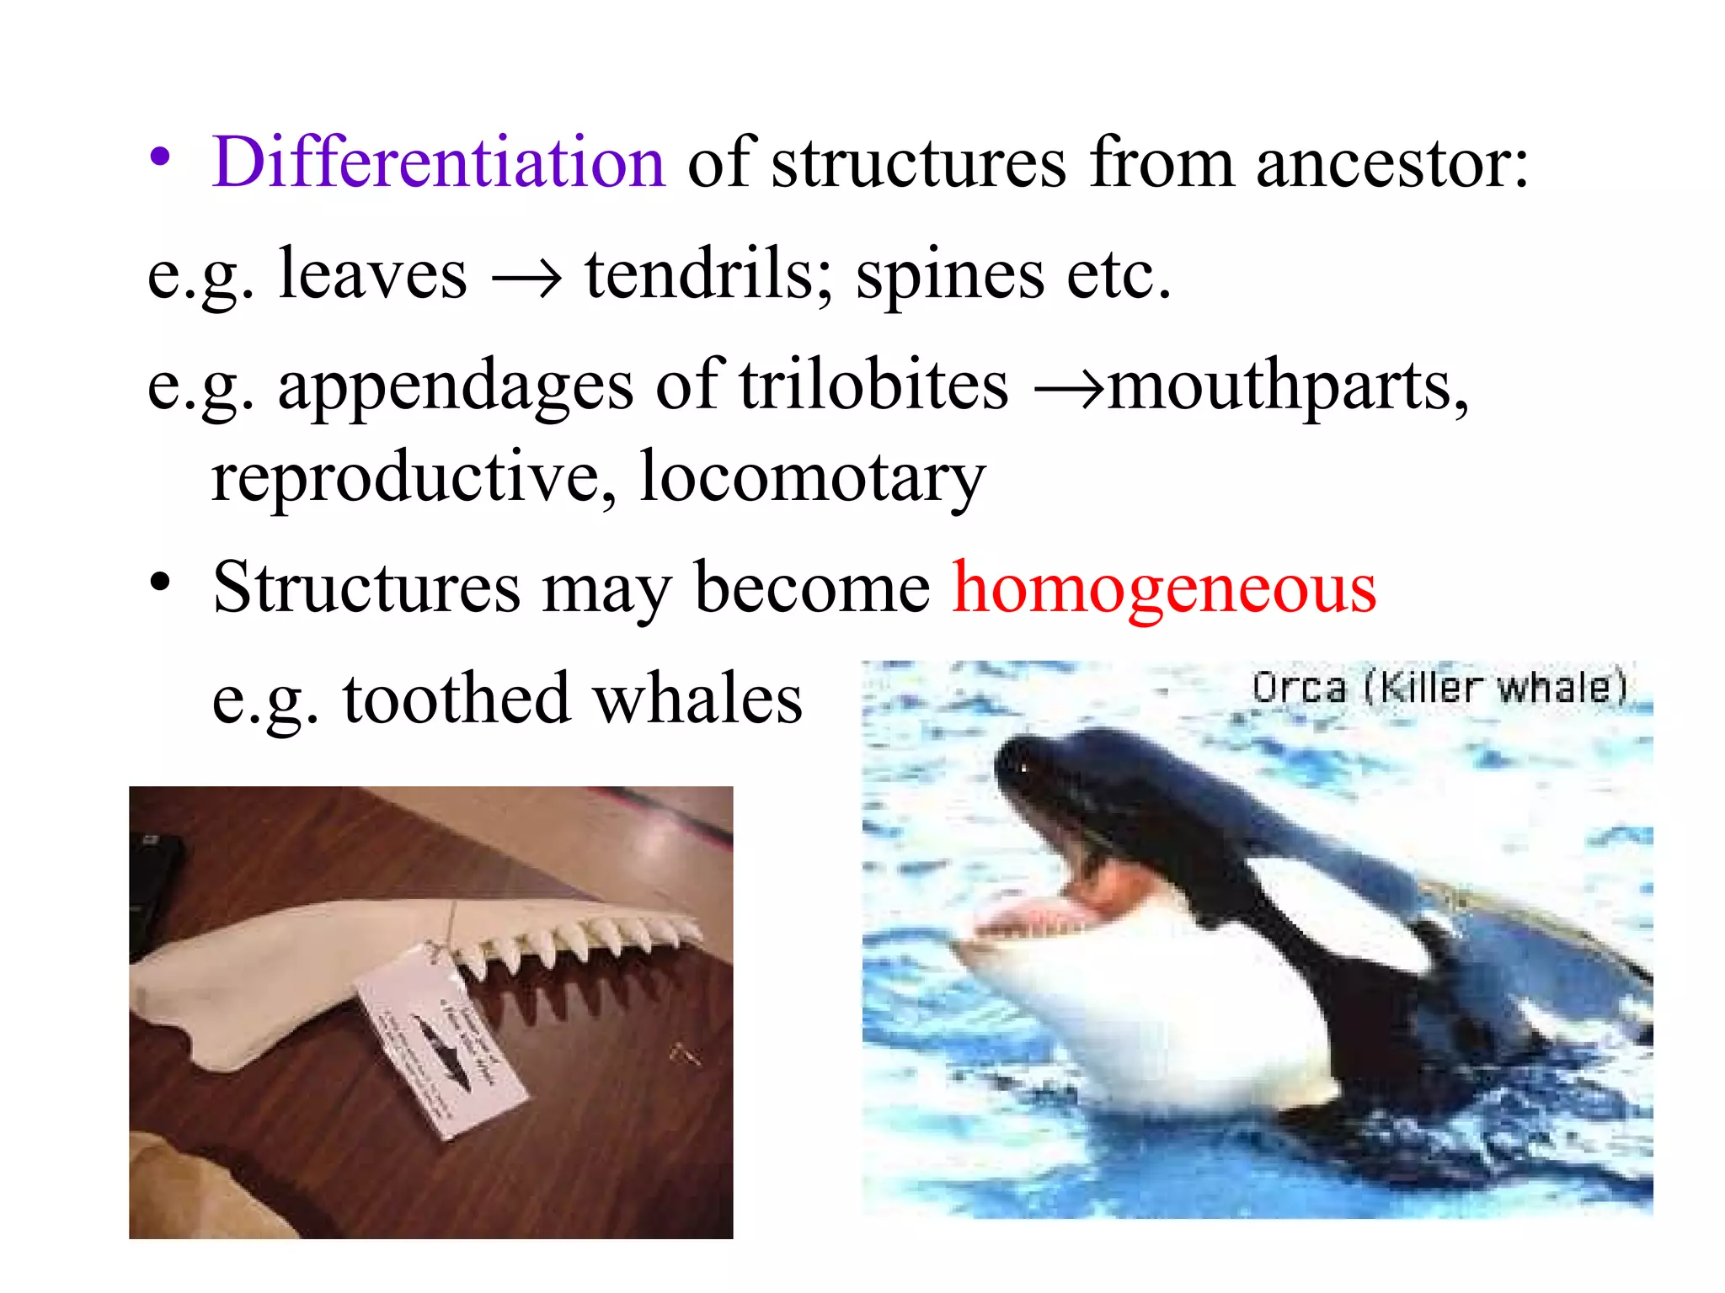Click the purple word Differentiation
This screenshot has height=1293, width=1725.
coord(438,162)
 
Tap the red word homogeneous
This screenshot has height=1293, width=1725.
coord(1164,588)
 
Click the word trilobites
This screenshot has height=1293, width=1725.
coord(873,385)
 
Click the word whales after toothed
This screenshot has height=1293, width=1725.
coord(697,699)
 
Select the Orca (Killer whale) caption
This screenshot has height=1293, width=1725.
coord(1439,688)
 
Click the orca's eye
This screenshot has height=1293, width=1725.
coord(1024,767)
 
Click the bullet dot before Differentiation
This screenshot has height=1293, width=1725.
coord(160,158)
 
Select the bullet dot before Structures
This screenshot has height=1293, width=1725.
coord(160,583)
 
